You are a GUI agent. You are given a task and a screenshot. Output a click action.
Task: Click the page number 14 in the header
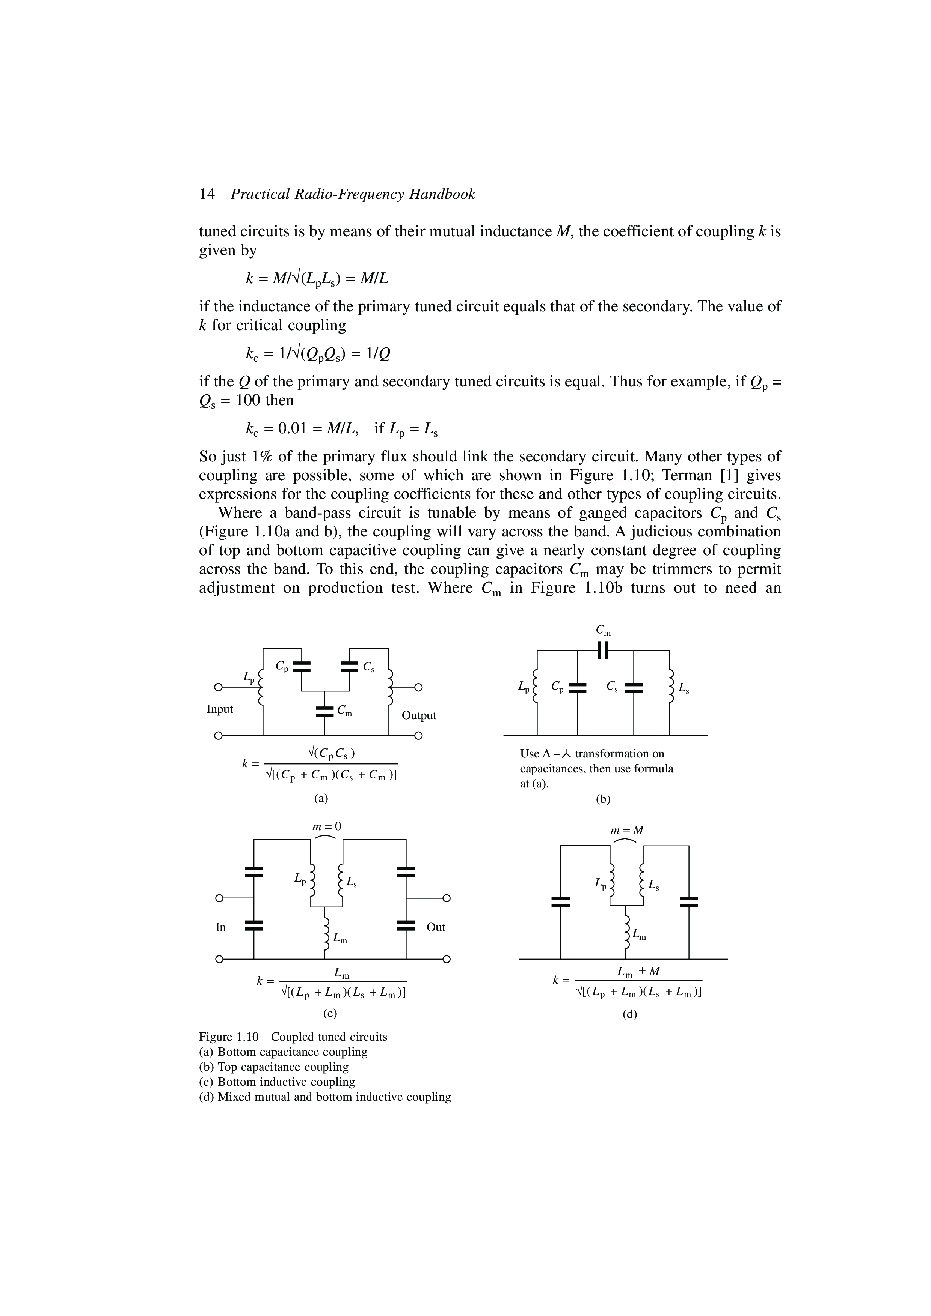coord(207,195)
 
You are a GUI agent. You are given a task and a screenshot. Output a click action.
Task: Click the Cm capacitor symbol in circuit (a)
coord(325,711)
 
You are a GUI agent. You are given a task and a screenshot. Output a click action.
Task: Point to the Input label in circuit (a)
coord(220,709)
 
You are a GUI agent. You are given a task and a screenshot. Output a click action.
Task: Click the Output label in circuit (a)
coord(419,715)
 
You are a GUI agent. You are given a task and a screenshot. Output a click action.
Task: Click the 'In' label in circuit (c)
coord(220,927)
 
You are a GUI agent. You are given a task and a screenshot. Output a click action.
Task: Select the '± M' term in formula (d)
coord(647,972)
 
